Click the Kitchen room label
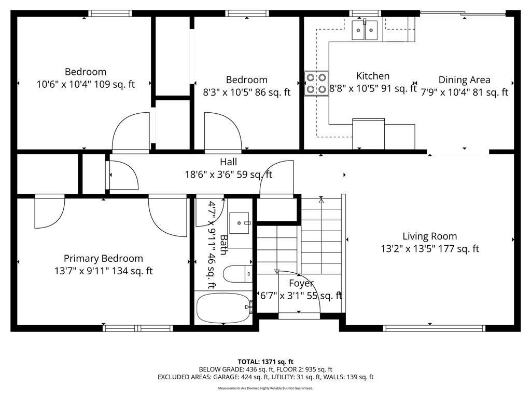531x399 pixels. pyautogui.click(x=372, y=76)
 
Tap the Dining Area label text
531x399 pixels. pyautogui.click(x=464, y=79)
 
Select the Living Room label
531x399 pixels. pyautogui.click(x=430, y=236)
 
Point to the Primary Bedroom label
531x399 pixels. pyautogui.click(x=103, y=259)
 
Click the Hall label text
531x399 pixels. pyautogui.click(x=228, y=162)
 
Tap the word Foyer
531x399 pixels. pyautogui.click(x=301, y=283)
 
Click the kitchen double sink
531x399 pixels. pyautogui.click(x=365, y=30)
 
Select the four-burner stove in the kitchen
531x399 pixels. pyautogui.click(x=316, y=84)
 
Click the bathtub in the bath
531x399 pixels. pyautogui.click(x=224, y=308)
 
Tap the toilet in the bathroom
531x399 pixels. pyautogui.click(x=237, y=274)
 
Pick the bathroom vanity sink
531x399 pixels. pyautogui.click(x=240, y=223)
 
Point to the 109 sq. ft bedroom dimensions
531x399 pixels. pyautogui.click(x=86, y=84)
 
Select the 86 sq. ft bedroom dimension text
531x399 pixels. pyautogui.click(x=246, y=92)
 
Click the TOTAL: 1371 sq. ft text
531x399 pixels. pyautogui.click(x=265, y=362)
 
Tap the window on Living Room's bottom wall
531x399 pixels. pyautogui.click(x=434, y=328)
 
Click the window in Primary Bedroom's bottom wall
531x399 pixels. pyautogui.click(x=138, y=328)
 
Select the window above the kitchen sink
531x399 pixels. pyautogui.click(x=365, y=13)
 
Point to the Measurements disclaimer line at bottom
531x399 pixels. pyautogui.click(x=265, y=388)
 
